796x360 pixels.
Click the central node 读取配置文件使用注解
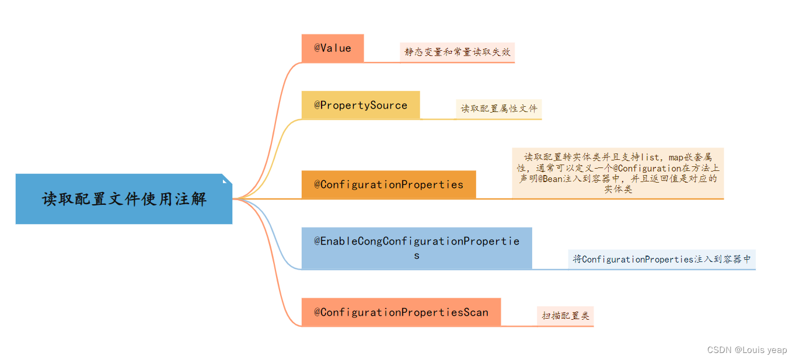point(124,199)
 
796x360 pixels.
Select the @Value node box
point(333,48)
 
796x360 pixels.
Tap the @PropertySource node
point(361,106)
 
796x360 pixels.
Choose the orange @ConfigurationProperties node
point(389,184)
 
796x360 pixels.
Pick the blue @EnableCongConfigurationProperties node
point(417,248)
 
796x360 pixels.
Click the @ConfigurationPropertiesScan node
point(401,312)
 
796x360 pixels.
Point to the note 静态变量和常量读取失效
point(458,52)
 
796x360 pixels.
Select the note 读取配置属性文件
point(499,109)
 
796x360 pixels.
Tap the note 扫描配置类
point(565,316)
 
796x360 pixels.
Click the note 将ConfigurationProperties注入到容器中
point(662,259)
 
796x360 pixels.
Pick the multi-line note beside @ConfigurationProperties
point(618,173)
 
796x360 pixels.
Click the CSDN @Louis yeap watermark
point(747,350)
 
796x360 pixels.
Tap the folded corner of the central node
point(227,179)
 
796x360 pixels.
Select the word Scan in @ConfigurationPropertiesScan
point(476,312)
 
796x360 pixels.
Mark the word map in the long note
point(677,156)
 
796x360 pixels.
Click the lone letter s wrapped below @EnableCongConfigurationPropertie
point(417,256)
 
